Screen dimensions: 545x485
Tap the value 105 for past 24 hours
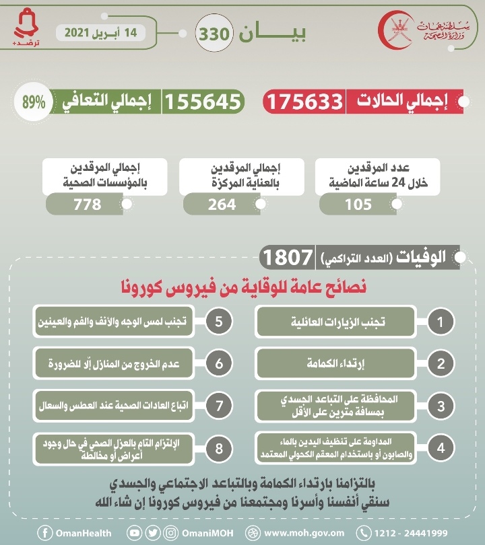click(x=358, y=205)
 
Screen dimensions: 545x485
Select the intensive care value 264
click(x=222, y=205)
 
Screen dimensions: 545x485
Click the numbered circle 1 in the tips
click(x=441, y=322)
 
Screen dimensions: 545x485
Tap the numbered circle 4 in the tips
click(x=441, y=448)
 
